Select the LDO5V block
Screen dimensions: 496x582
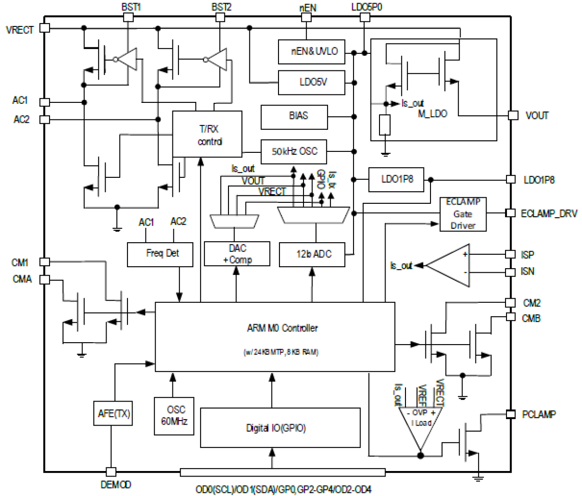[x=311, y=82]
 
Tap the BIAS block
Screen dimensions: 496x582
[x=294, y=117]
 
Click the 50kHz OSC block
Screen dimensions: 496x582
[x=294, y=151]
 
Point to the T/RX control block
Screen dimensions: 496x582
[x=207, y=134]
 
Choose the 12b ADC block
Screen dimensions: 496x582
[x=312, y=254]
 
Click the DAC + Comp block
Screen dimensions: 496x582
[x=237, y=254]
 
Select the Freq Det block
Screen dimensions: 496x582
[x=160, y=254]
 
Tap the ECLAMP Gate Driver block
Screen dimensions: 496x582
[x=462, y=214]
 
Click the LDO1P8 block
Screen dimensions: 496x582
[x=396, y=180]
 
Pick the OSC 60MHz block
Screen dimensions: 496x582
[x=174, y=416]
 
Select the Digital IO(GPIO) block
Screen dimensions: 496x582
[x=280, y=427]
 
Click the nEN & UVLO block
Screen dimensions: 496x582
[x=311, y=52]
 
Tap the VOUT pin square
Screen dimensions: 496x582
[x=513, y=115]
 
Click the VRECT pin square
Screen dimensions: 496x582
[x=44, y=28]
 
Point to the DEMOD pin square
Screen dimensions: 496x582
[x=111, y=472]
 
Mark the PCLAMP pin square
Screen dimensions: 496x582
[x=510, y=414]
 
